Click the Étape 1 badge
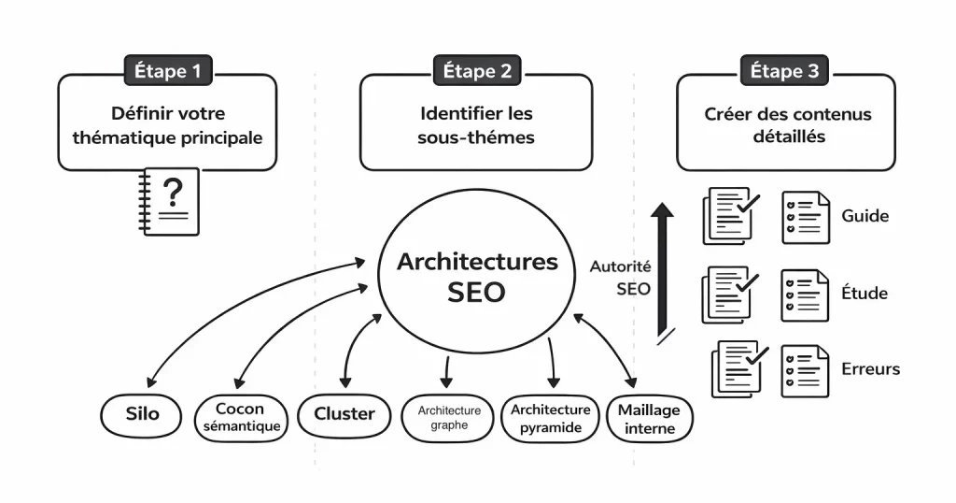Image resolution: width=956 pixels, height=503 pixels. [x=168, y=70]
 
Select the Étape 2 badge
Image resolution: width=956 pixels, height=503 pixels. [x=476, y=70]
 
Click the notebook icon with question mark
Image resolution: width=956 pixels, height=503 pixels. [x=171, y=201]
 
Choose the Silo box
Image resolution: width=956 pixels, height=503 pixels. [x=142, y=414]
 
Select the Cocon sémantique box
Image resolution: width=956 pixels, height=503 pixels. [x=240, y=417]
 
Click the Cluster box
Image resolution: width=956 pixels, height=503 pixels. [x=344, y=414]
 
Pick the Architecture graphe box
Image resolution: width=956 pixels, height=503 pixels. [x=449, y=417]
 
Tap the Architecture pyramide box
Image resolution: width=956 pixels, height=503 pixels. [x=551, y=417]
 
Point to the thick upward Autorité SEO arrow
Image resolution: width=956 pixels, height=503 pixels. [x=662, y=271]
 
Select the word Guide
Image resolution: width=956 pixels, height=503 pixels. [x=865, y=216]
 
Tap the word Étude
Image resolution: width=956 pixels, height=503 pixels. [x=865, y=294]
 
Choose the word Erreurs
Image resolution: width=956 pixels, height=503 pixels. [x=870, y=368]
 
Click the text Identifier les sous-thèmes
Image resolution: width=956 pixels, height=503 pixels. [x=476, y=125]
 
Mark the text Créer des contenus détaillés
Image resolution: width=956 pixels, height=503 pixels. [x=787, y=125]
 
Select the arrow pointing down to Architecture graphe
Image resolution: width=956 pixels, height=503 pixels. [x=445, y=371]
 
